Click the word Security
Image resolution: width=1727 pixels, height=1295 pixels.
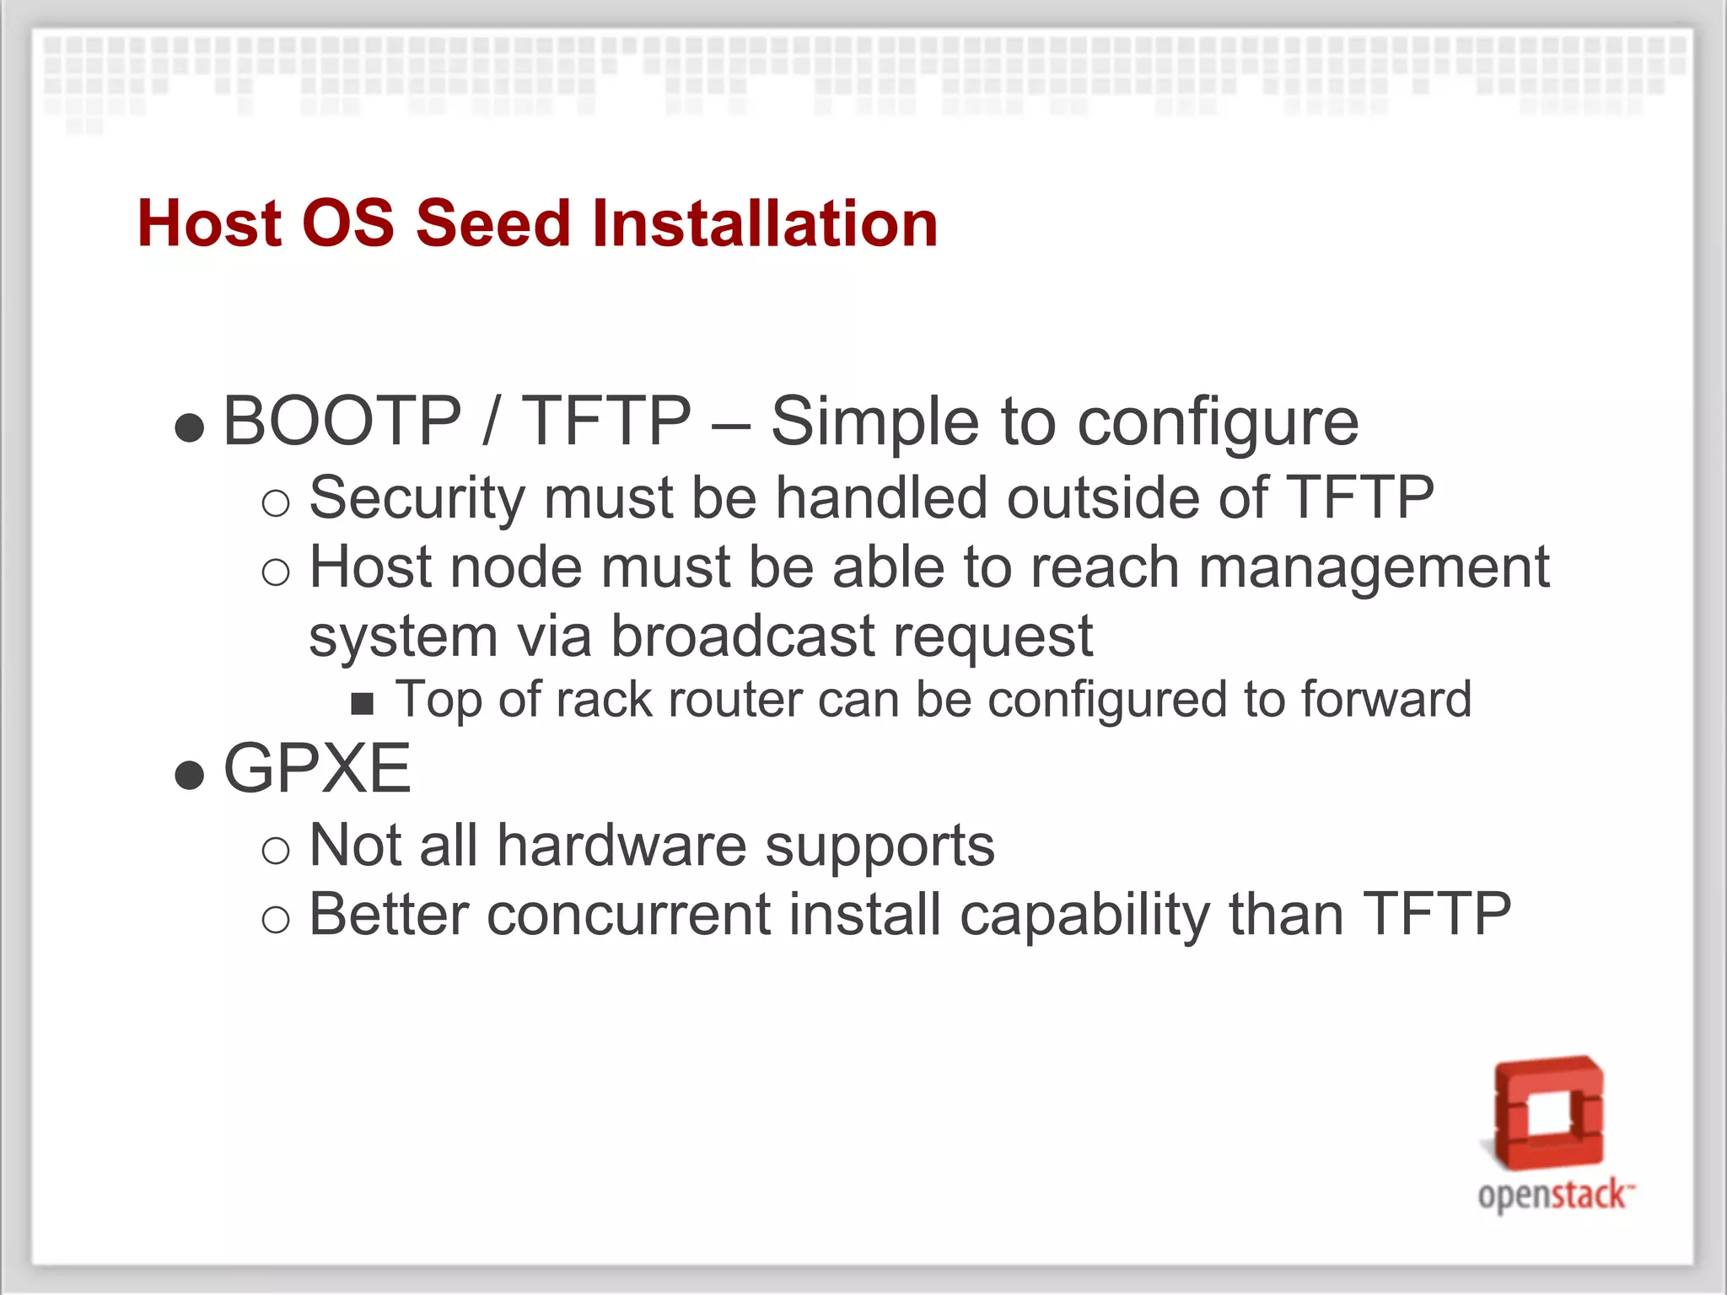click(x=417, y=497)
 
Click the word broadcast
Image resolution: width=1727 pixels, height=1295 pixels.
click(x=742, y=636)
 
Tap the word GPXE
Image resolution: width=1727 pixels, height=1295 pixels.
click(x=317, y=769)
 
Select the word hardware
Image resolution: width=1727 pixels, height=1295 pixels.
click(x=621, y=846)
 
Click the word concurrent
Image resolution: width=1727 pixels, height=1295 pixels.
click(x=628, y=915)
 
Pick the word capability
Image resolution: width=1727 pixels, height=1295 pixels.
click(x=1084, y=916)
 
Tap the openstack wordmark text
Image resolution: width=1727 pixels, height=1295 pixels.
click(x=1552, y=1196)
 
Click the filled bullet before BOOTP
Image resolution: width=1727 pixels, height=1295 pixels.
click(x=190, y=427)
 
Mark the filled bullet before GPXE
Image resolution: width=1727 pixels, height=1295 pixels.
click(x=190, y=774)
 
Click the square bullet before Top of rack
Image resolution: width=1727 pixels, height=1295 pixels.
click(x=362, y=703)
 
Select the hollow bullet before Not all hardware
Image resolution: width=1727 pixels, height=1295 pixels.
click(x=276, y=851)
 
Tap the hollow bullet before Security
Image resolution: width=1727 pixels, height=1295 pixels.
click(x=276, y=503)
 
